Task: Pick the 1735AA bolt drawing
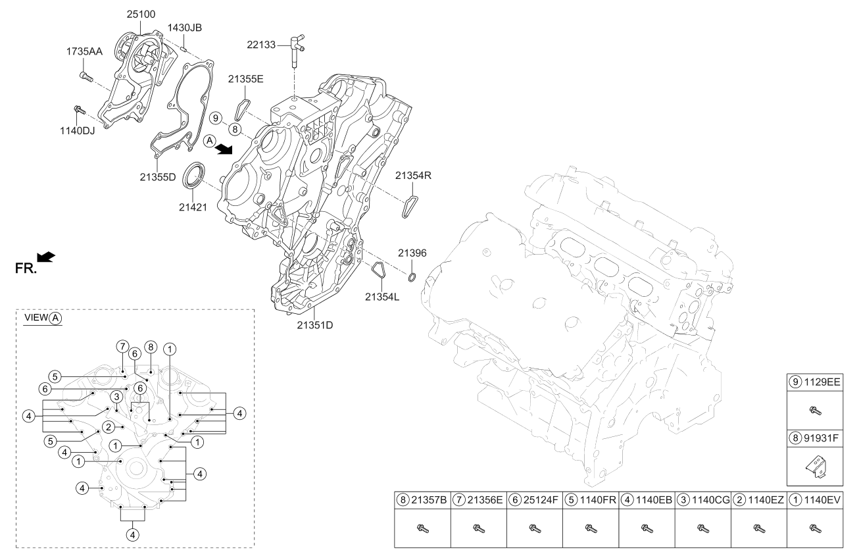pyautogui.click(x=86, y=77)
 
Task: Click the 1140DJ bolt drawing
pyautogui.click(x=78, y=109)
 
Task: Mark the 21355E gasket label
pyautogui.click(x=246, y=80)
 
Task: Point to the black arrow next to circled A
pyautogui.click(x=225, y=149)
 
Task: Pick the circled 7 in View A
pyautogui.click(x=121, y=347)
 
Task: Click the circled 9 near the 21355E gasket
pyautogui.click(x=215, y=118)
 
